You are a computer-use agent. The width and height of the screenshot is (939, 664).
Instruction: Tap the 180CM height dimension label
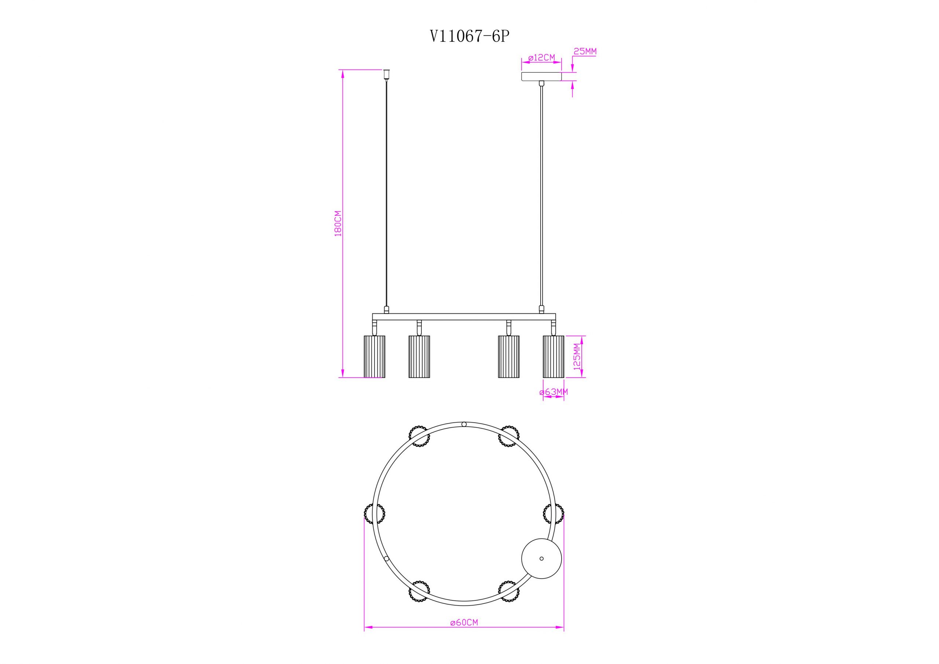pos(338,223)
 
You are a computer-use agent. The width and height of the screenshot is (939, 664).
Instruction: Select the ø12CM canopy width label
pos(541,58)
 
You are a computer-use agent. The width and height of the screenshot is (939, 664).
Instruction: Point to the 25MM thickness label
pos(585,52)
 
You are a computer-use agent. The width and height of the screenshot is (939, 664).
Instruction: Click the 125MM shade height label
pos(577,356)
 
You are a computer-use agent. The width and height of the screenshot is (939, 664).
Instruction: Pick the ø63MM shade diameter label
pos(554,392)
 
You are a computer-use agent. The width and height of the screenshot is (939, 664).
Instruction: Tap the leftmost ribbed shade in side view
pos(374,356)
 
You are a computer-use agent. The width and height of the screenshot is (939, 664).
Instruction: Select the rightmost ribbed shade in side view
pos(553,356)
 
